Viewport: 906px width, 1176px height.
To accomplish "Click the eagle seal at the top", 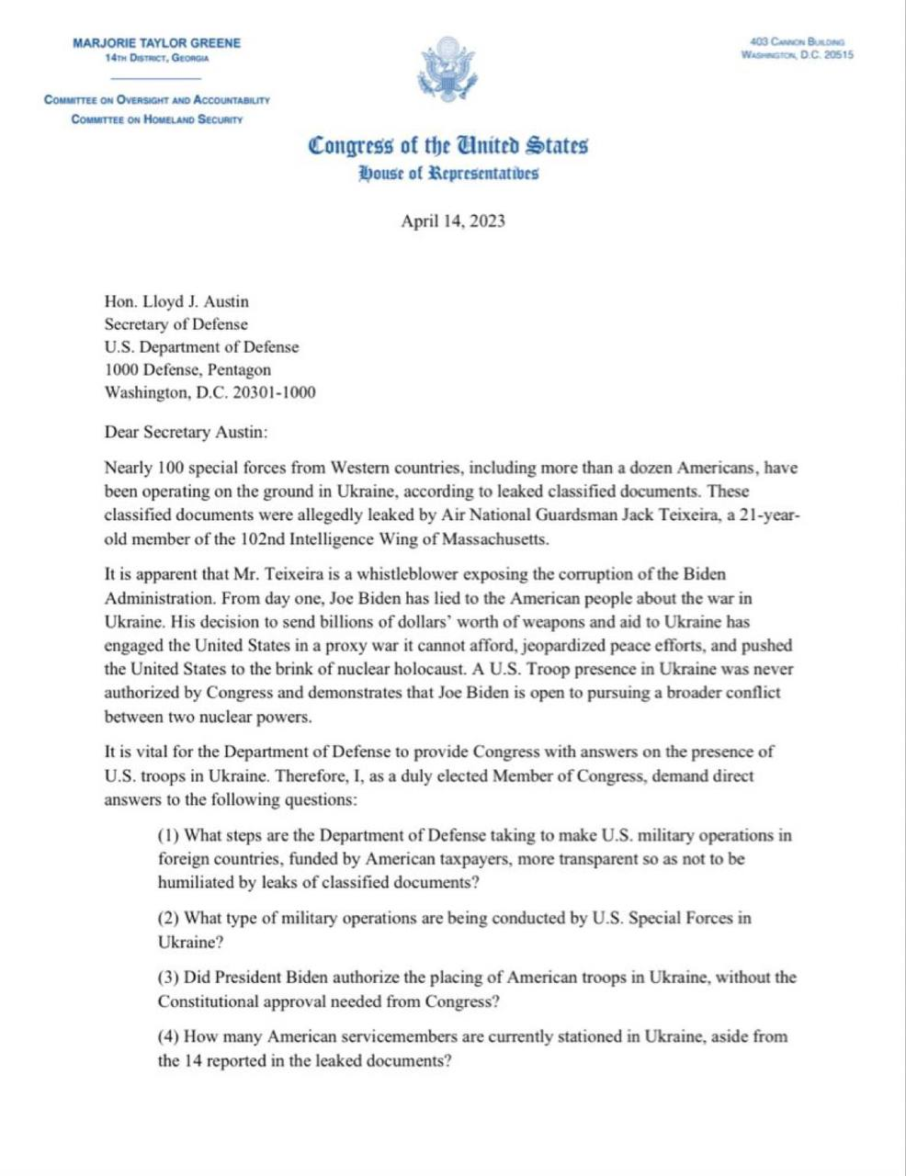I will pyautogui.click(x=447, y=70).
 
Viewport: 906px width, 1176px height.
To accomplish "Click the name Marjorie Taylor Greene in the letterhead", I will pyautogui.click(x=156, y=43).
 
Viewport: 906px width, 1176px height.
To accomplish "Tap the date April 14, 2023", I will pyautogui.click(x=453, y=221).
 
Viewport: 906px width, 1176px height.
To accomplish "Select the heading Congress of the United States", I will pyautogui.click(x=448, y=146).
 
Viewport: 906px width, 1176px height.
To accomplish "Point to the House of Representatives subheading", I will pyautogui.click(x=448, y=173).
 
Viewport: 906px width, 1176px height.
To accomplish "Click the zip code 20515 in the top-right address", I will pyautogui.click(x=839, y=55).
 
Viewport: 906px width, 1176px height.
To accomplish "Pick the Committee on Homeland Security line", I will pyautogui.click(x=156, y=119).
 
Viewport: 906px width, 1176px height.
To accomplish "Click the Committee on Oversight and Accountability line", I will pyautogui.click(x=156, y=100).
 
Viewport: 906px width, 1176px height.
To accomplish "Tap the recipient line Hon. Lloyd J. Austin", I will pyautogui.click(x=176, y=301).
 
